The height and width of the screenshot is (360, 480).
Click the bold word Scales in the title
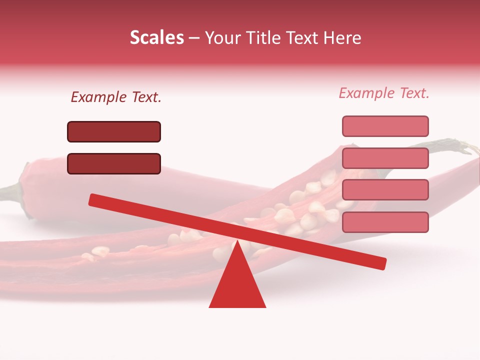[x=156, y=37]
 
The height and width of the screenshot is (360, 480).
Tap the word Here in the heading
[x=342, y=37]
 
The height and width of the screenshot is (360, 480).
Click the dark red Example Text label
[x=116, y=97]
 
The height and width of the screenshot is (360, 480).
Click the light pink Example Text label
[x=384, y=93]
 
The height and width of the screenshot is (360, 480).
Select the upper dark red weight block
[x=114, y=131]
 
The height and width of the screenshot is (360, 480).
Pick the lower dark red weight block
[x=114, y=163]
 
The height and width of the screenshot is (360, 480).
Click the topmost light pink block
[x=385, y=126]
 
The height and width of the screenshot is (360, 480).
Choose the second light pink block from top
[x=385, y=158]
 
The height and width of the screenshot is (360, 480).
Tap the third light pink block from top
[x=385, y=189]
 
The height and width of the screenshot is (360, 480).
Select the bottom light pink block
[x=385, y=221]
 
